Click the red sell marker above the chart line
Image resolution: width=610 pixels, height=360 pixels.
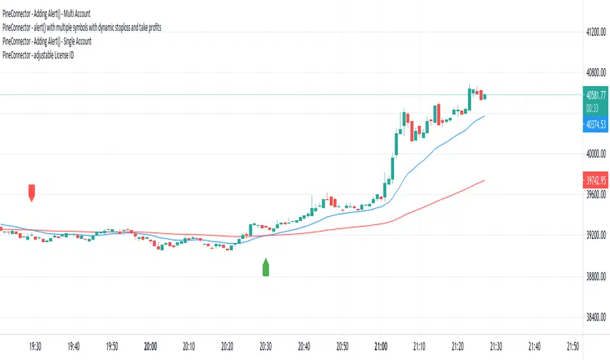pyautogui.click(x=31, y=192)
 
